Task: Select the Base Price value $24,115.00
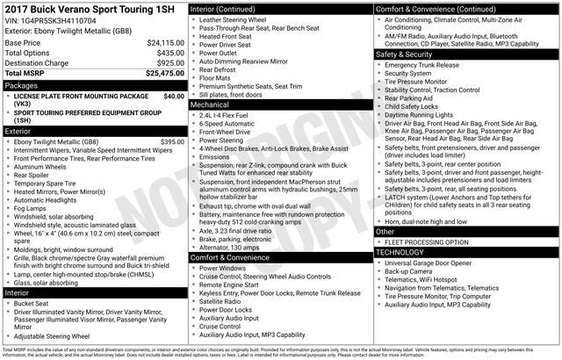pyautogui.click(x=165, y=42)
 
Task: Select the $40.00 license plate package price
pyautogui.click(x=174, y=96)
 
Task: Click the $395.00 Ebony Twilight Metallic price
pyautogui.click(x=172, y=141)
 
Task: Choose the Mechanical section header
pyautogui.click(x=210, y=104)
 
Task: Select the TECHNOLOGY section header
pyautogui.click(x=403, y=251)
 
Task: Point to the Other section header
pyautogui.click(x=388, y=231)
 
